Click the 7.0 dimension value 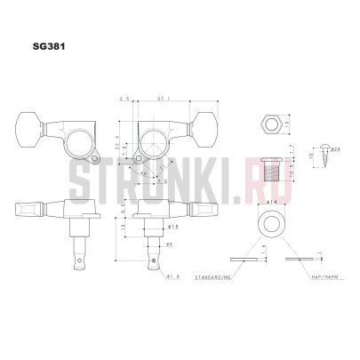(162, 180)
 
